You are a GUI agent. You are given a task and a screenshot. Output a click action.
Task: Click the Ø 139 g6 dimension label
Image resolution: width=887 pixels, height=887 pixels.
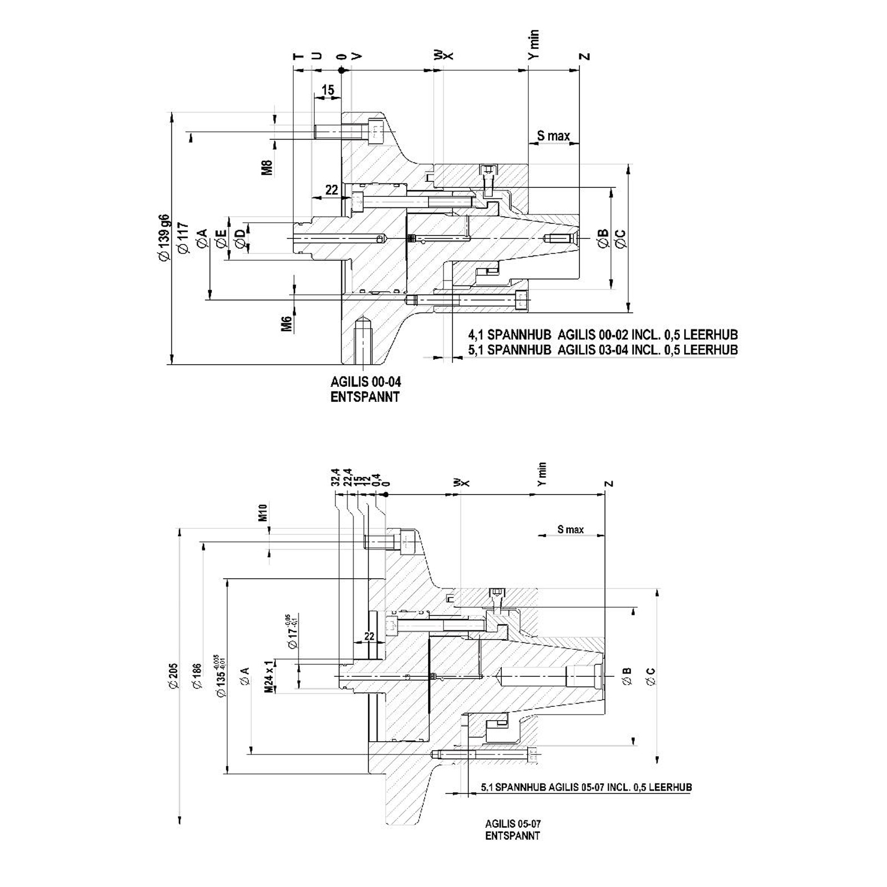pyautogui.click(x=164, y=237)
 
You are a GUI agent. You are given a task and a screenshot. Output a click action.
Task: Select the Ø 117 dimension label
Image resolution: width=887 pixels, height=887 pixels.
pyautogui.click(x=183, y=239)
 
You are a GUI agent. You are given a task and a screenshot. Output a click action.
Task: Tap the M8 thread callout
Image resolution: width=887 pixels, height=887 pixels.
pyautogui.click(x=268, y=167)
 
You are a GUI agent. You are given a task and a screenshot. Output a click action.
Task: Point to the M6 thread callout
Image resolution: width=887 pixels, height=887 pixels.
pyautogui.click(x=286, y=324)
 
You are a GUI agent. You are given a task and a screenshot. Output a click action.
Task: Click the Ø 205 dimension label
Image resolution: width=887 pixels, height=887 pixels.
pyautogui.click(x=173, y=676)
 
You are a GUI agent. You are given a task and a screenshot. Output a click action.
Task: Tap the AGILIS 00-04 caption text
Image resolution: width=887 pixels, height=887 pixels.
pyautogui.click(x=365, y=382)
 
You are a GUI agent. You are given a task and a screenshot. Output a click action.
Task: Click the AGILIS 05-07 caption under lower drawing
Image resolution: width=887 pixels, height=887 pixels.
pyautogui.click(x=512, y=824)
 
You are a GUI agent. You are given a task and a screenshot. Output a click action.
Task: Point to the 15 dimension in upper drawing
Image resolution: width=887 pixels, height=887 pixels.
pyautogui.click(x=328, y=90)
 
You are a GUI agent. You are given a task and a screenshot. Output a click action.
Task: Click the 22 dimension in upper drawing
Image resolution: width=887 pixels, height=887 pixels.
pyautogui.click(x=331, y=190)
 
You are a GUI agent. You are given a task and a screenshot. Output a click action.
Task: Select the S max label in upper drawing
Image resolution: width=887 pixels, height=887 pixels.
pyautogui.click(x=553, y=136)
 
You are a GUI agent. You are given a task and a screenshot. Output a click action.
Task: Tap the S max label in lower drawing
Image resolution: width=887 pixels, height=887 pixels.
pyautogui.click(x=570, y=529)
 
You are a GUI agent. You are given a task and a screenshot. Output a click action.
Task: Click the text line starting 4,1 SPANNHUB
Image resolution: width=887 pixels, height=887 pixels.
pyautogui.click(x=603, y=335)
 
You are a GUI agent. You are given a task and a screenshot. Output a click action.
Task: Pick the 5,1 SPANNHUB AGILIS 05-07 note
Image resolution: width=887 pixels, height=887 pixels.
pyautogui.click(x=586, y=787)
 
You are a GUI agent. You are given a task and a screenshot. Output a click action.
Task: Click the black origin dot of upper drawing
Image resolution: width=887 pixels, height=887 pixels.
pyautogui.click(x=341, y=70)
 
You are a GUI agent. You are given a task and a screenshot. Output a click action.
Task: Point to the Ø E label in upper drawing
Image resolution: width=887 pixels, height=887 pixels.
pyautogui.click(x=221, y=239)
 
